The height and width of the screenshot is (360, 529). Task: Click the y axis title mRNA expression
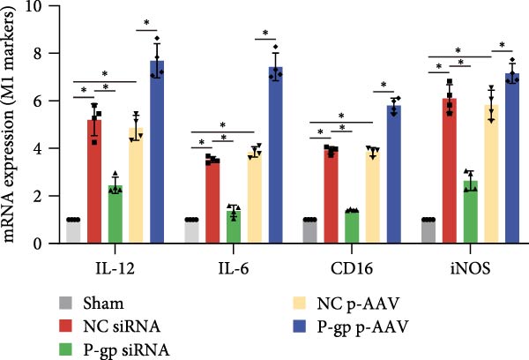coord(15,124)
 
